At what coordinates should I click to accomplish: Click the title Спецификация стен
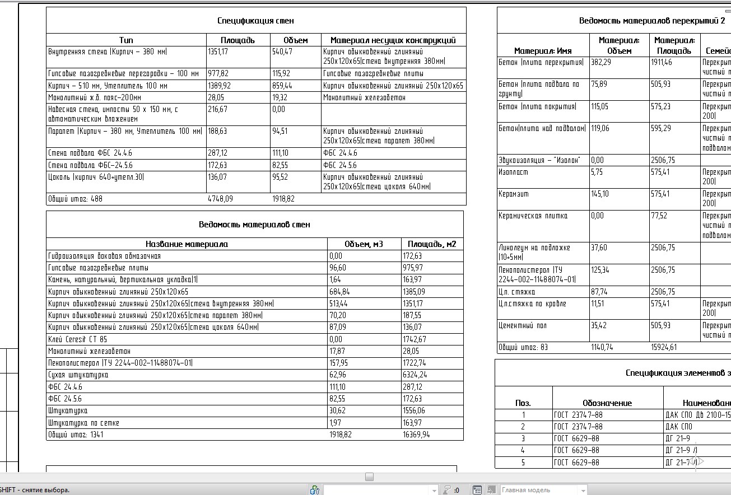255,21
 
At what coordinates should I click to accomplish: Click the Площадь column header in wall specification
238,40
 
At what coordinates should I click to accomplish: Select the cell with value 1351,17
217,52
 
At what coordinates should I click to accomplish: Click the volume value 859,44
282,86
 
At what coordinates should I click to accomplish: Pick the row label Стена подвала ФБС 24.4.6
90,153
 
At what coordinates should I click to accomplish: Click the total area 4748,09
220,199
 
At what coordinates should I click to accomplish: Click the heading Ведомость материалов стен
254,225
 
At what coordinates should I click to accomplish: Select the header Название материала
187,244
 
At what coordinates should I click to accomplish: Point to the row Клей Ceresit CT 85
77,339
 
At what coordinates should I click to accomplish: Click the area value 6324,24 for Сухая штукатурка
415,375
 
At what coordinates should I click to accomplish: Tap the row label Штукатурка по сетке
83,423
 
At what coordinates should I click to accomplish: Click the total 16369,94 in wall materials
417,435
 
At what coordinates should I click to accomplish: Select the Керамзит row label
513,194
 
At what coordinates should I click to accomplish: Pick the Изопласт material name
513,172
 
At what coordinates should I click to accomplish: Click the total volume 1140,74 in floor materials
602,347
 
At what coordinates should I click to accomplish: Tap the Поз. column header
523,403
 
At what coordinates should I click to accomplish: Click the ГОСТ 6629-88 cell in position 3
576,439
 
